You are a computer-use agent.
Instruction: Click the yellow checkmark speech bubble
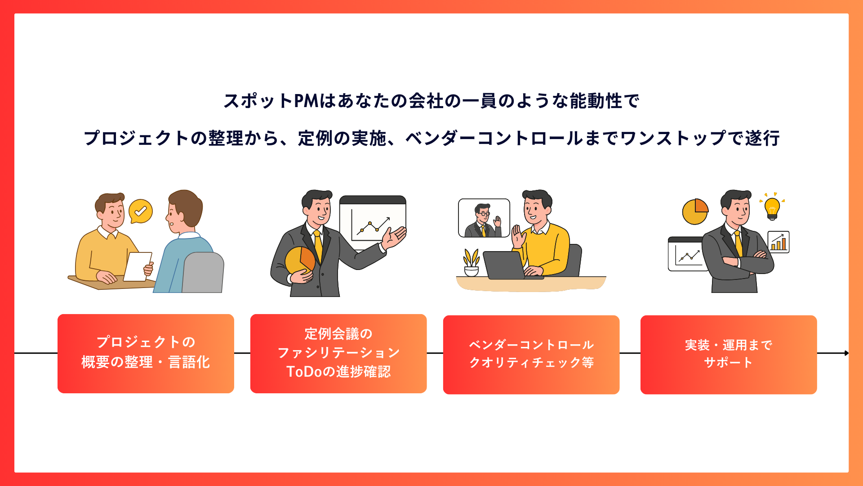click(141, 211)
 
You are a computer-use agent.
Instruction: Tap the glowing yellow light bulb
click(772, 208)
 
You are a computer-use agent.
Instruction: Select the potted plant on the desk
click(471, 263)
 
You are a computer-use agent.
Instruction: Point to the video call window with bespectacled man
click(484, 218)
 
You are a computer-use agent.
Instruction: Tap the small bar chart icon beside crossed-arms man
click(778, 242)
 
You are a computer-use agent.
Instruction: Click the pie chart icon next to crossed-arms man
click(695, 211)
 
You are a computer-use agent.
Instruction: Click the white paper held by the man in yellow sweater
click(138, 266)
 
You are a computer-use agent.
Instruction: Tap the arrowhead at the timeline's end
click(846, 353)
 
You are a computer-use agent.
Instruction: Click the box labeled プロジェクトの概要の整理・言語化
click(146, 353)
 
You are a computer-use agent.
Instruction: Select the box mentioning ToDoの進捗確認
click(338, 353)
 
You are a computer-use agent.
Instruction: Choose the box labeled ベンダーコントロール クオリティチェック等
click(531, 354)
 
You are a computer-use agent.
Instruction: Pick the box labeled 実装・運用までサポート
click(728, 355)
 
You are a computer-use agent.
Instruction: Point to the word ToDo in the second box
click(304, 372)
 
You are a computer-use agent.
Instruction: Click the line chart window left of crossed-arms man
click(685, 255)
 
